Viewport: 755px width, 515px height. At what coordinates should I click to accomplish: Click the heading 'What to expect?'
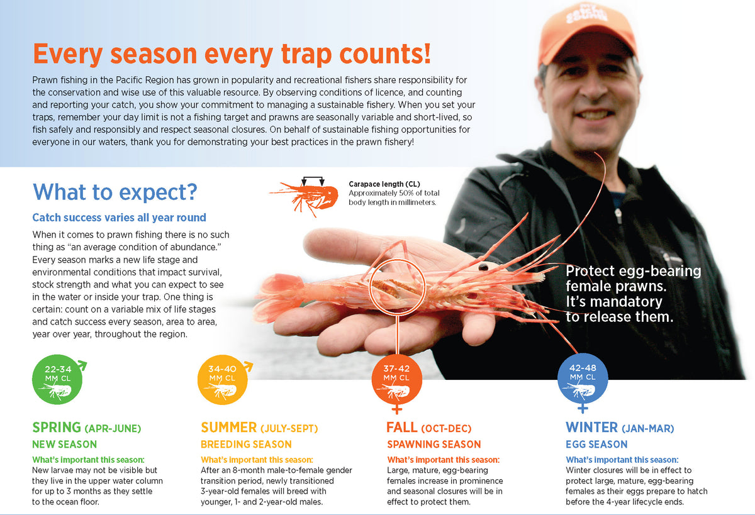(x=115, y=191)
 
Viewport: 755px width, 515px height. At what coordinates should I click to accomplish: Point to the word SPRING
(x=56, y=428)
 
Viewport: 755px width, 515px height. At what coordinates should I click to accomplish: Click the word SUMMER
(x=228, y=428)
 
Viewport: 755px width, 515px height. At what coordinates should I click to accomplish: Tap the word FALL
(x=401, y=428)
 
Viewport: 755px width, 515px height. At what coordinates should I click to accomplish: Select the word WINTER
(x=591, y=428)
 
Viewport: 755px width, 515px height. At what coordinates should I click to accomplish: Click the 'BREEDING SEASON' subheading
(x=246, y=445)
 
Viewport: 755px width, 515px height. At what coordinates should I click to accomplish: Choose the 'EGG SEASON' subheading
(x=596, y=445)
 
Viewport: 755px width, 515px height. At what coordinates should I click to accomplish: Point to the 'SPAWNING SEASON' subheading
(x=433, y=445)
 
